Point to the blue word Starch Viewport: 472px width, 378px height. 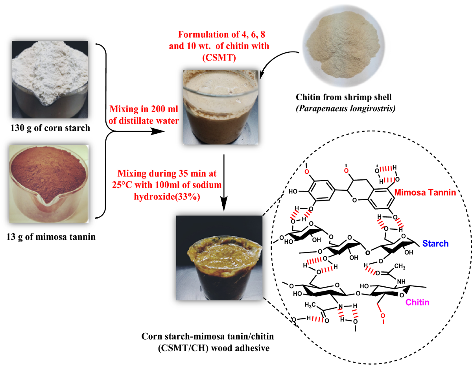(435, 244)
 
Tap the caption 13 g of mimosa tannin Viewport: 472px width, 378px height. (51, 237)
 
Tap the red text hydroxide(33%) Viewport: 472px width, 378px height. (167, 197)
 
